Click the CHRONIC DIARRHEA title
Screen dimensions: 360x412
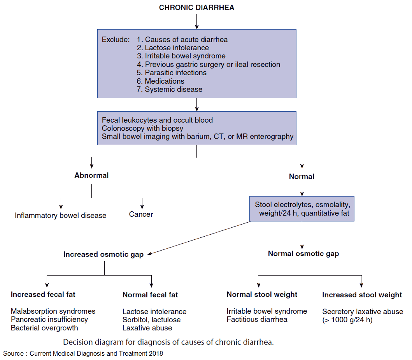pyautogui.click(x=196, y=8)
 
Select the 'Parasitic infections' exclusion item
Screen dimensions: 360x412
pyautogui.click(x=175, y=73)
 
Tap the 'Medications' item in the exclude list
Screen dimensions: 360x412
pyautogui.click(x=165, y=81)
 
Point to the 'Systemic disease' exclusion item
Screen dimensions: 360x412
pyautogui.click(x=174, y=90)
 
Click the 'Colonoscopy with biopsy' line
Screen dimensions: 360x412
pyautogui.click(x=142, y=128)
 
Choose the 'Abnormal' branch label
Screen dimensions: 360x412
pyautogui.click(x=91, y=176)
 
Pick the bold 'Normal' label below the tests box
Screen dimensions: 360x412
pyautogui.click(x=302, y=177)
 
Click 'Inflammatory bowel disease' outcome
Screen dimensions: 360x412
pyautogui.click(x=60, y=215)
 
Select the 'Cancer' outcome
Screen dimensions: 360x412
pyautogui.click(x=141, y=214)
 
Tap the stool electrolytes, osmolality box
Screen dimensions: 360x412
pyautogui.click(x=302, y=209)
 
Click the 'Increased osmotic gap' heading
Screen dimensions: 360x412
pyautogui.click(x=103, y=255)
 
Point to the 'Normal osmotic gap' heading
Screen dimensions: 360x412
pyautogui.click(x=303, y=254)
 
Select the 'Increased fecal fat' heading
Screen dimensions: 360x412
pyautogui.click(x=43, y=295)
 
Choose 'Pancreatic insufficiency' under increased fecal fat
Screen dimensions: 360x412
pyautogui.click(x=49, y=320)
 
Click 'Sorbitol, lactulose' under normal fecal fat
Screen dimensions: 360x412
pyautogui.click(x=151, y=320)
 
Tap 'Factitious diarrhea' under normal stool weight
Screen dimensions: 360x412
pyautogui.click(x=257, y=320)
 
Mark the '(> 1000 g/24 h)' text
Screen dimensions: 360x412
pyautogui.click(x=347, y=320)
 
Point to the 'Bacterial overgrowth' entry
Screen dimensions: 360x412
pyautogui.click(x=44, y=328)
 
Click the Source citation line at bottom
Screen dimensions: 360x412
pyautogui.click(x=83, y=354)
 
